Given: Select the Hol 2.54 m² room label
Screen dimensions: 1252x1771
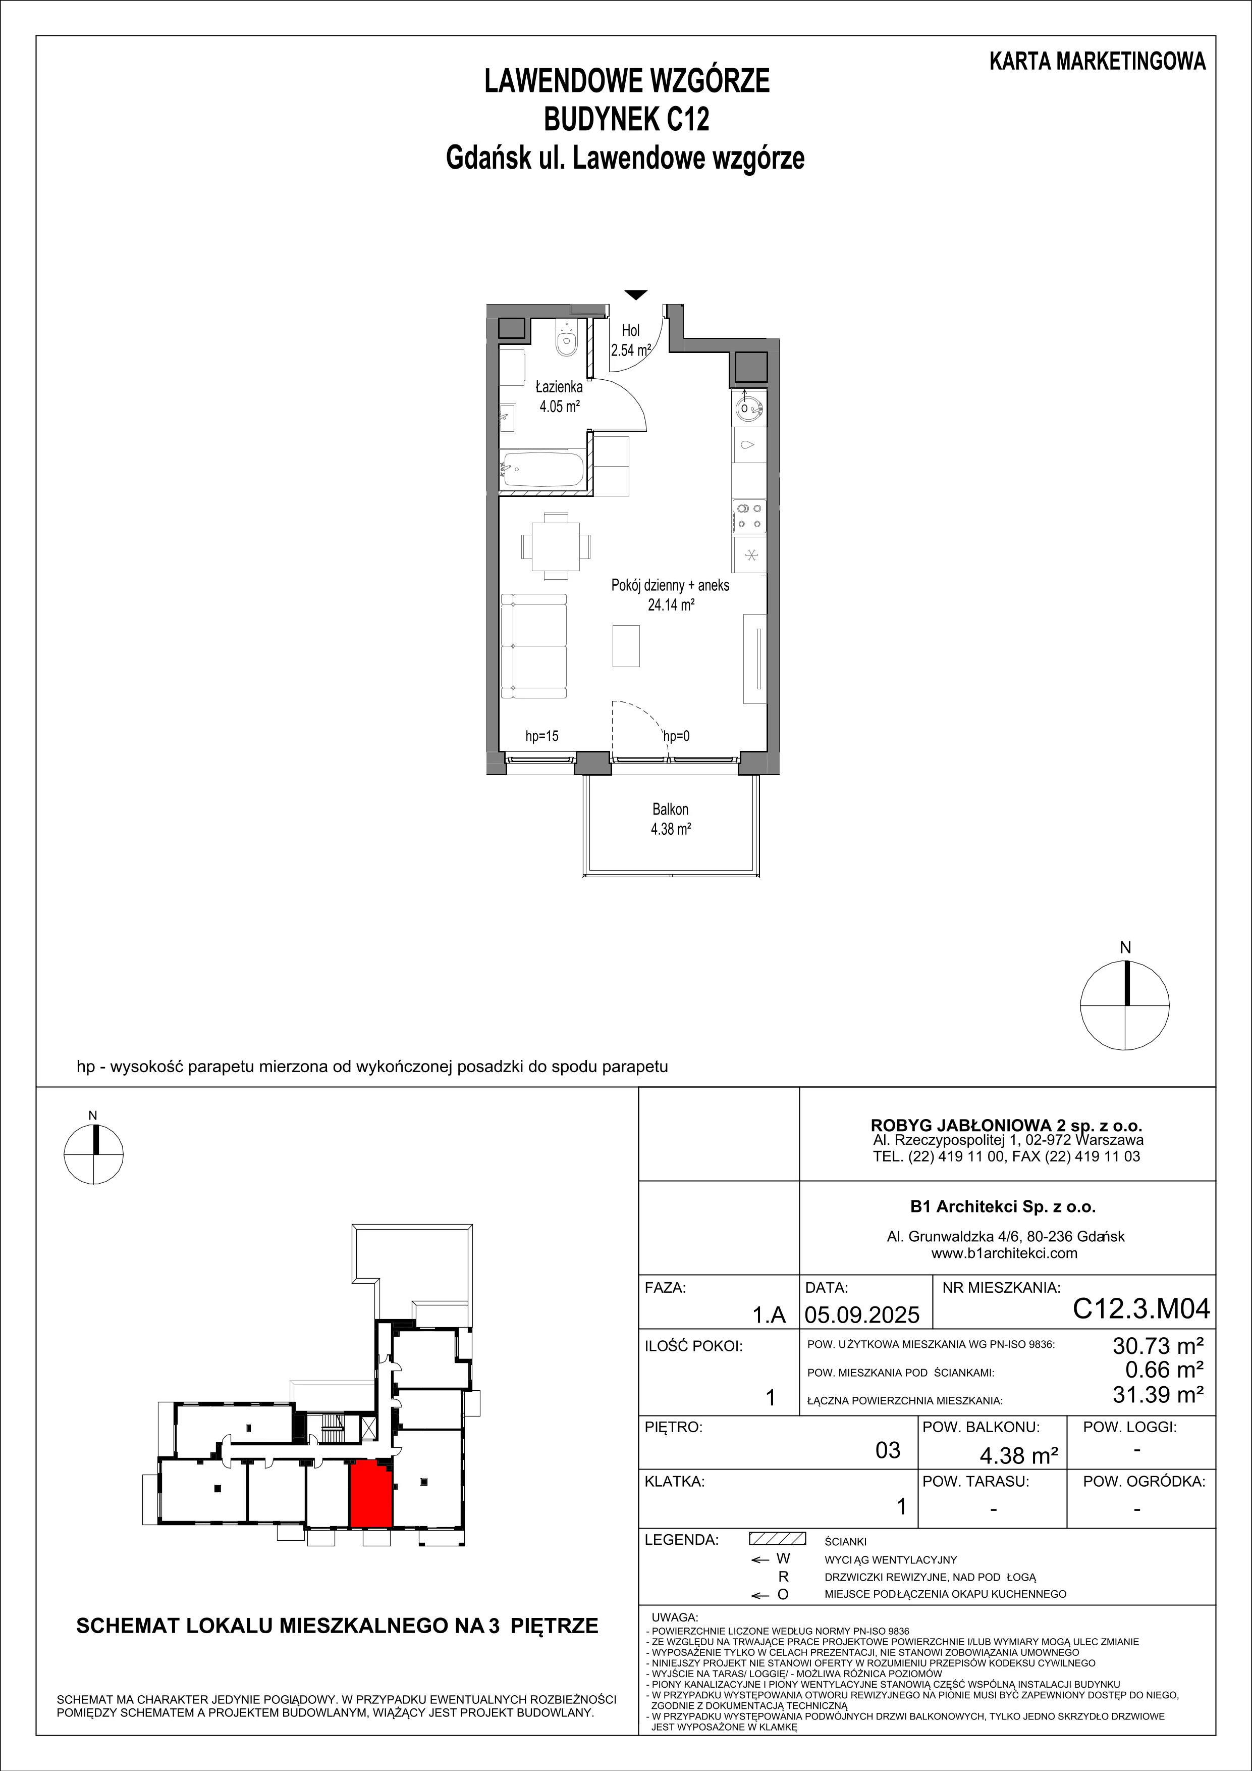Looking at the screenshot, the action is click(631, 339).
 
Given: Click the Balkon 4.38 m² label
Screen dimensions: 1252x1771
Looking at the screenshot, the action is click(670, 819).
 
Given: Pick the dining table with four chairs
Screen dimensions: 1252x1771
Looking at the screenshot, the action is click(557, 546).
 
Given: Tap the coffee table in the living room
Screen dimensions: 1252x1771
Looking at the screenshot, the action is click(626, 645).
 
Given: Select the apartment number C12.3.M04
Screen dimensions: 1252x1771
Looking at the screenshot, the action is click(1141, 1309).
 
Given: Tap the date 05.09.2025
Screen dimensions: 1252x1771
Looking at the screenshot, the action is click(862, 1313).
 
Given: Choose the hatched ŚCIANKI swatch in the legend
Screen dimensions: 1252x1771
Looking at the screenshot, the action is click(777, 1539).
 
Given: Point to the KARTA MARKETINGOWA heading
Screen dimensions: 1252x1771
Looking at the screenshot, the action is click(1098, 62).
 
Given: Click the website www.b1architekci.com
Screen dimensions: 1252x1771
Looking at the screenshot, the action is click(1005, 1253).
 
